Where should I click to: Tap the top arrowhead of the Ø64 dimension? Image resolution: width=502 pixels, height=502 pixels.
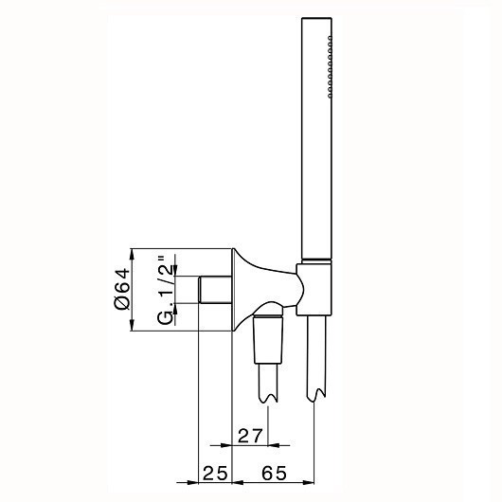[133, 254]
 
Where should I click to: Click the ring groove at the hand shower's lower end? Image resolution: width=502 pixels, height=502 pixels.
[315, 260]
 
